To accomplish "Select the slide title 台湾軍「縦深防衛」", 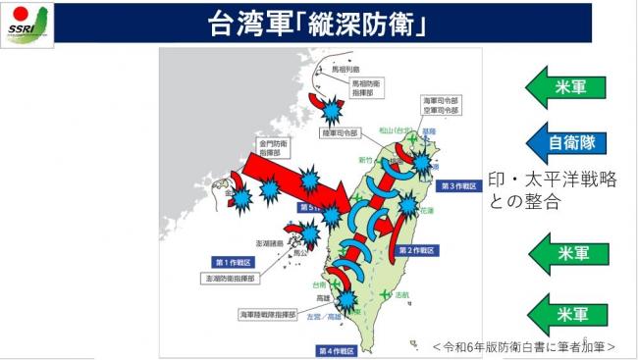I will [x=320, y=25].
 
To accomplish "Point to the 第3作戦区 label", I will [x=458, y=184].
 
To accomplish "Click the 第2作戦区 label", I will [x=416, y=249].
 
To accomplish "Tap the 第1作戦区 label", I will [x=234, y=261].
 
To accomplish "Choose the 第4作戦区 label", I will [x=336, y=349].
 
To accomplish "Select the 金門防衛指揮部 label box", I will [x=277, y=148].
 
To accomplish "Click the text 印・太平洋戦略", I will [x=552, y=182].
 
